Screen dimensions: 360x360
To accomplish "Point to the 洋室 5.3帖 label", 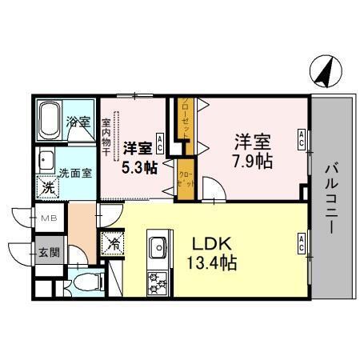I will (139, 158).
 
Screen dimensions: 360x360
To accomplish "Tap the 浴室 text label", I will (78, 122).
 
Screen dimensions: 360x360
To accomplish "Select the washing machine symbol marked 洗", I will (47, 188).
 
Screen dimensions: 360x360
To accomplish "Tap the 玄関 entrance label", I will (49, 252).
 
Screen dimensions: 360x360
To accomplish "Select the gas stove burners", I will (156, 282).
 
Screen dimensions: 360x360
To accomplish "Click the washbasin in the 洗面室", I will (46, 159).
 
